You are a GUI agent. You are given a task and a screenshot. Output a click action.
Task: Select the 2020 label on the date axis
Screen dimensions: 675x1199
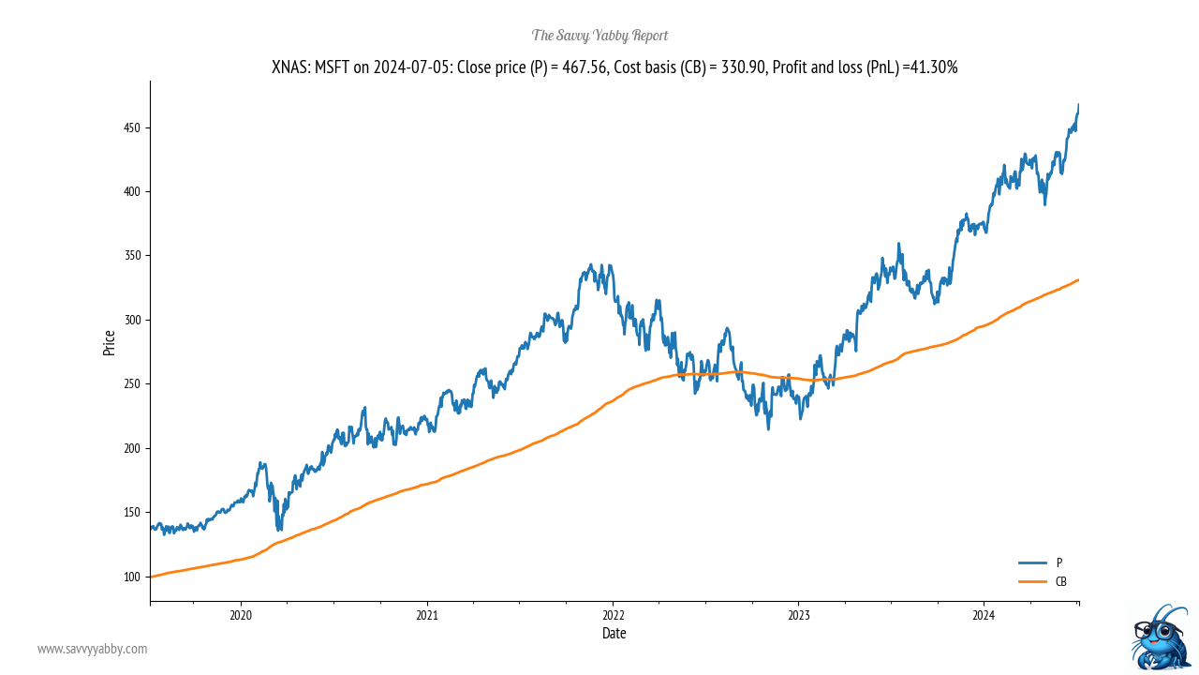click(241, 615)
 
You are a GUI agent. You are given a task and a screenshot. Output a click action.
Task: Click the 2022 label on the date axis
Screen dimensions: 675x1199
click(613, 615)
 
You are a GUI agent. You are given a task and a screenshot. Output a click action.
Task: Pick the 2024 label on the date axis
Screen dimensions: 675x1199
click(984, 615)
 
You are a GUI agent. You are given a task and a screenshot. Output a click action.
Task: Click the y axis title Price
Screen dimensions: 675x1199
click(110, 342)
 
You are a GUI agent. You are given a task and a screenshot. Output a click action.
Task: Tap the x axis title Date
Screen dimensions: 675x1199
click(614, 634)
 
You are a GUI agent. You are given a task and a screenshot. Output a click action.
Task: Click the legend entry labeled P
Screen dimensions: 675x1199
click(1058, 562)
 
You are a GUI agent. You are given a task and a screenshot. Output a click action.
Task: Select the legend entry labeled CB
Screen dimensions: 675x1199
click(1060, 581)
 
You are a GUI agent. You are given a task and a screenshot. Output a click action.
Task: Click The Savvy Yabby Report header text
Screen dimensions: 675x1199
click(599, 36)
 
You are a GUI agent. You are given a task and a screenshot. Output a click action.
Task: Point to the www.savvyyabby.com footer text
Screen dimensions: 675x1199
click(92, 649)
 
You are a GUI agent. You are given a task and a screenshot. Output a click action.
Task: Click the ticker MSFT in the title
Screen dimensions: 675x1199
click(333, 67)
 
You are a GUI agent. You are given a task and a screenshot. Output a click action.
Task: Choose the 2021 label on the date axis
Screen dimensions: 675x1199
click(427, 615)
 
